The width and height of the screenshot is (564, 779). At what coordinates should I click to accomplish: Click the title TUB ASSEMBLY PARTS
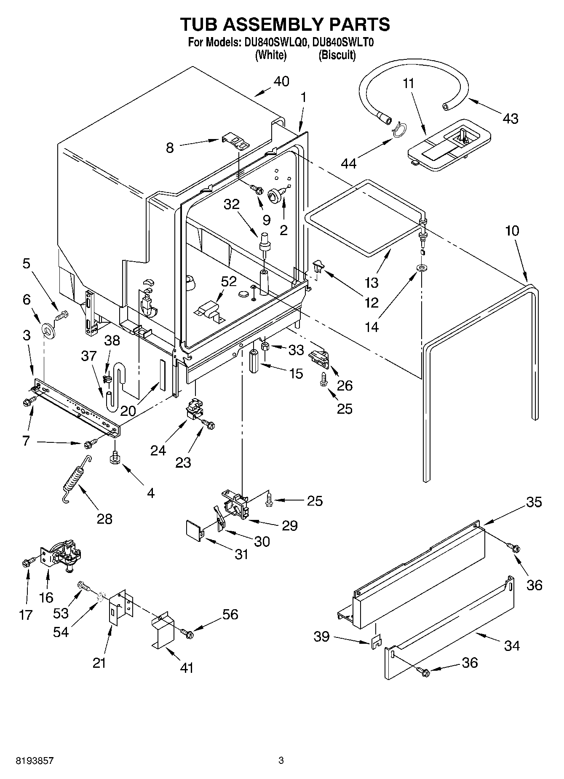(285, 24)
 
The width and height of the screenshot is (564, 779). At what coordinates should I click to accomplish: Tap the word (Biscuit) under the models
(337, 55)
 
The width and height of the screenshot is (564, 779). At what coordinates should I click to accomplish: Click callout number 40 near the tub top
(281, 81)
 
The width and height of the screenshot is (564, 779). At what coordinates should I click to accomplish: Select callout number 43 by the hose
(510, 118)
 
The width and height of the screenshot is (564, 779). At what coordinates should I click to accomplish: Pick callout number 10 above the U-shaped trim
(512, 230)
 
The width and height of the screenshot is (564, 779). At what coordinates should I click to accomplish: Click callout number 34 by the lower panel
(511, 645)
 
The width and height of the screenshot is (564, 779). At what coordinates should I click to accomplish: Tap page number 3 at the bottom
(281, 761)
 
